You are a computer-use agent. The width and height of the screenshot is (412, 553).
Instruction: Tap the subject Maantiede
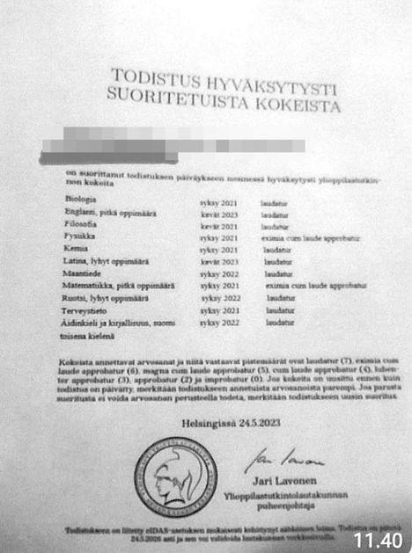point(87,274)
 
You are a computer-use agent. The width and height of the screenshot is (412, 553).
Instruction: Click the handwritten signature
point(273,459)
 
